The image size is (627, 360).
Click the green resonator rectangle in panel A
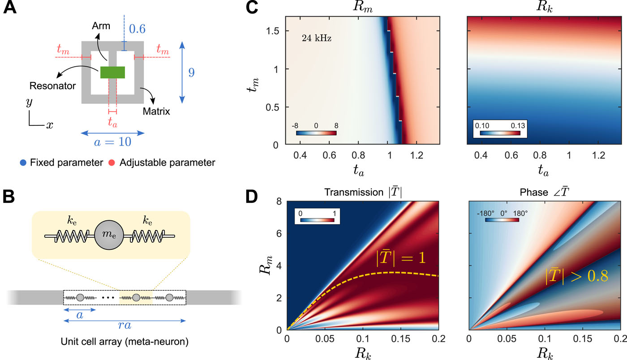(x=112, y=72)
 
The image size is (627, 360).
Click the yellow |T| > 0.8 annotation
(x=576, y=275)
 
